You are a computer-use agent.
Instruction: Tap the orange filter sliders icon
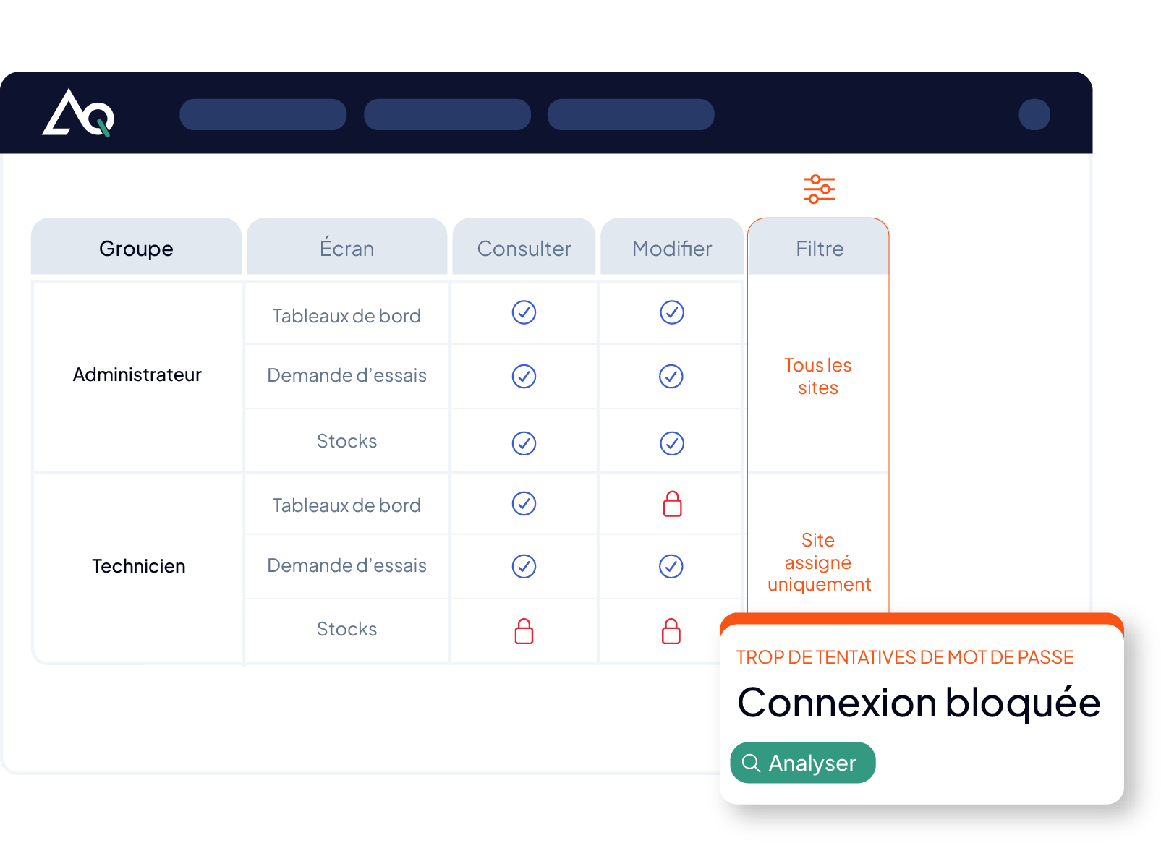coord(819,189)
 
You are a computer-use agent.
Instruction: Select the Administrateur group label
coord(137,374)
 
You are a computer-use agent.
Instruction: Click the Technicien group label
coord(138,566)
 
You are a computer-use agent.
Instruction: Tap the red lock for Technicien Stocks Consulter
coord(524,631)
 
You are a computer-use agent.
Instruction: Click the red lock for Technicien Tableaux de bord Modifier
coord(672,504)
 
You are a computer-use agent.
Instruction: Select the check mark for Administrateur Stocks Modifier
coord(672,444)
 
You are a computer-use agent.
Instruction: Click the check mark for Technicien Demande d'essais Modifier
coord(671,566)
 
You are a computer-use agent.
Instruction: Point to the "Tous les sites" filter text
coord(818,376)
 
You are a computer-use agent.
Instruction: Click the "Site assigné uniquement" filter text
coord(819,562)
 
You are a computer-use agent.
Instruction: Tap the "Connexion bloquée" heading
coord(919,703)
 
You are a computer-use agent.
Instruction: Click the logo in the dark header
coord(78,113)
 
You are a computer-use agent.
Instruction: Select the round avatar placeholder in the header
coord(1034,114)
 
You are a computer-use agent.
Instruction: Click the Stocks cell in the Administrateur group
coord(346,441)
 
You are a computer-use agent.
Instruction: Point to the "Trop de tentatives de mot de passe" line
coord(905,657)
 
